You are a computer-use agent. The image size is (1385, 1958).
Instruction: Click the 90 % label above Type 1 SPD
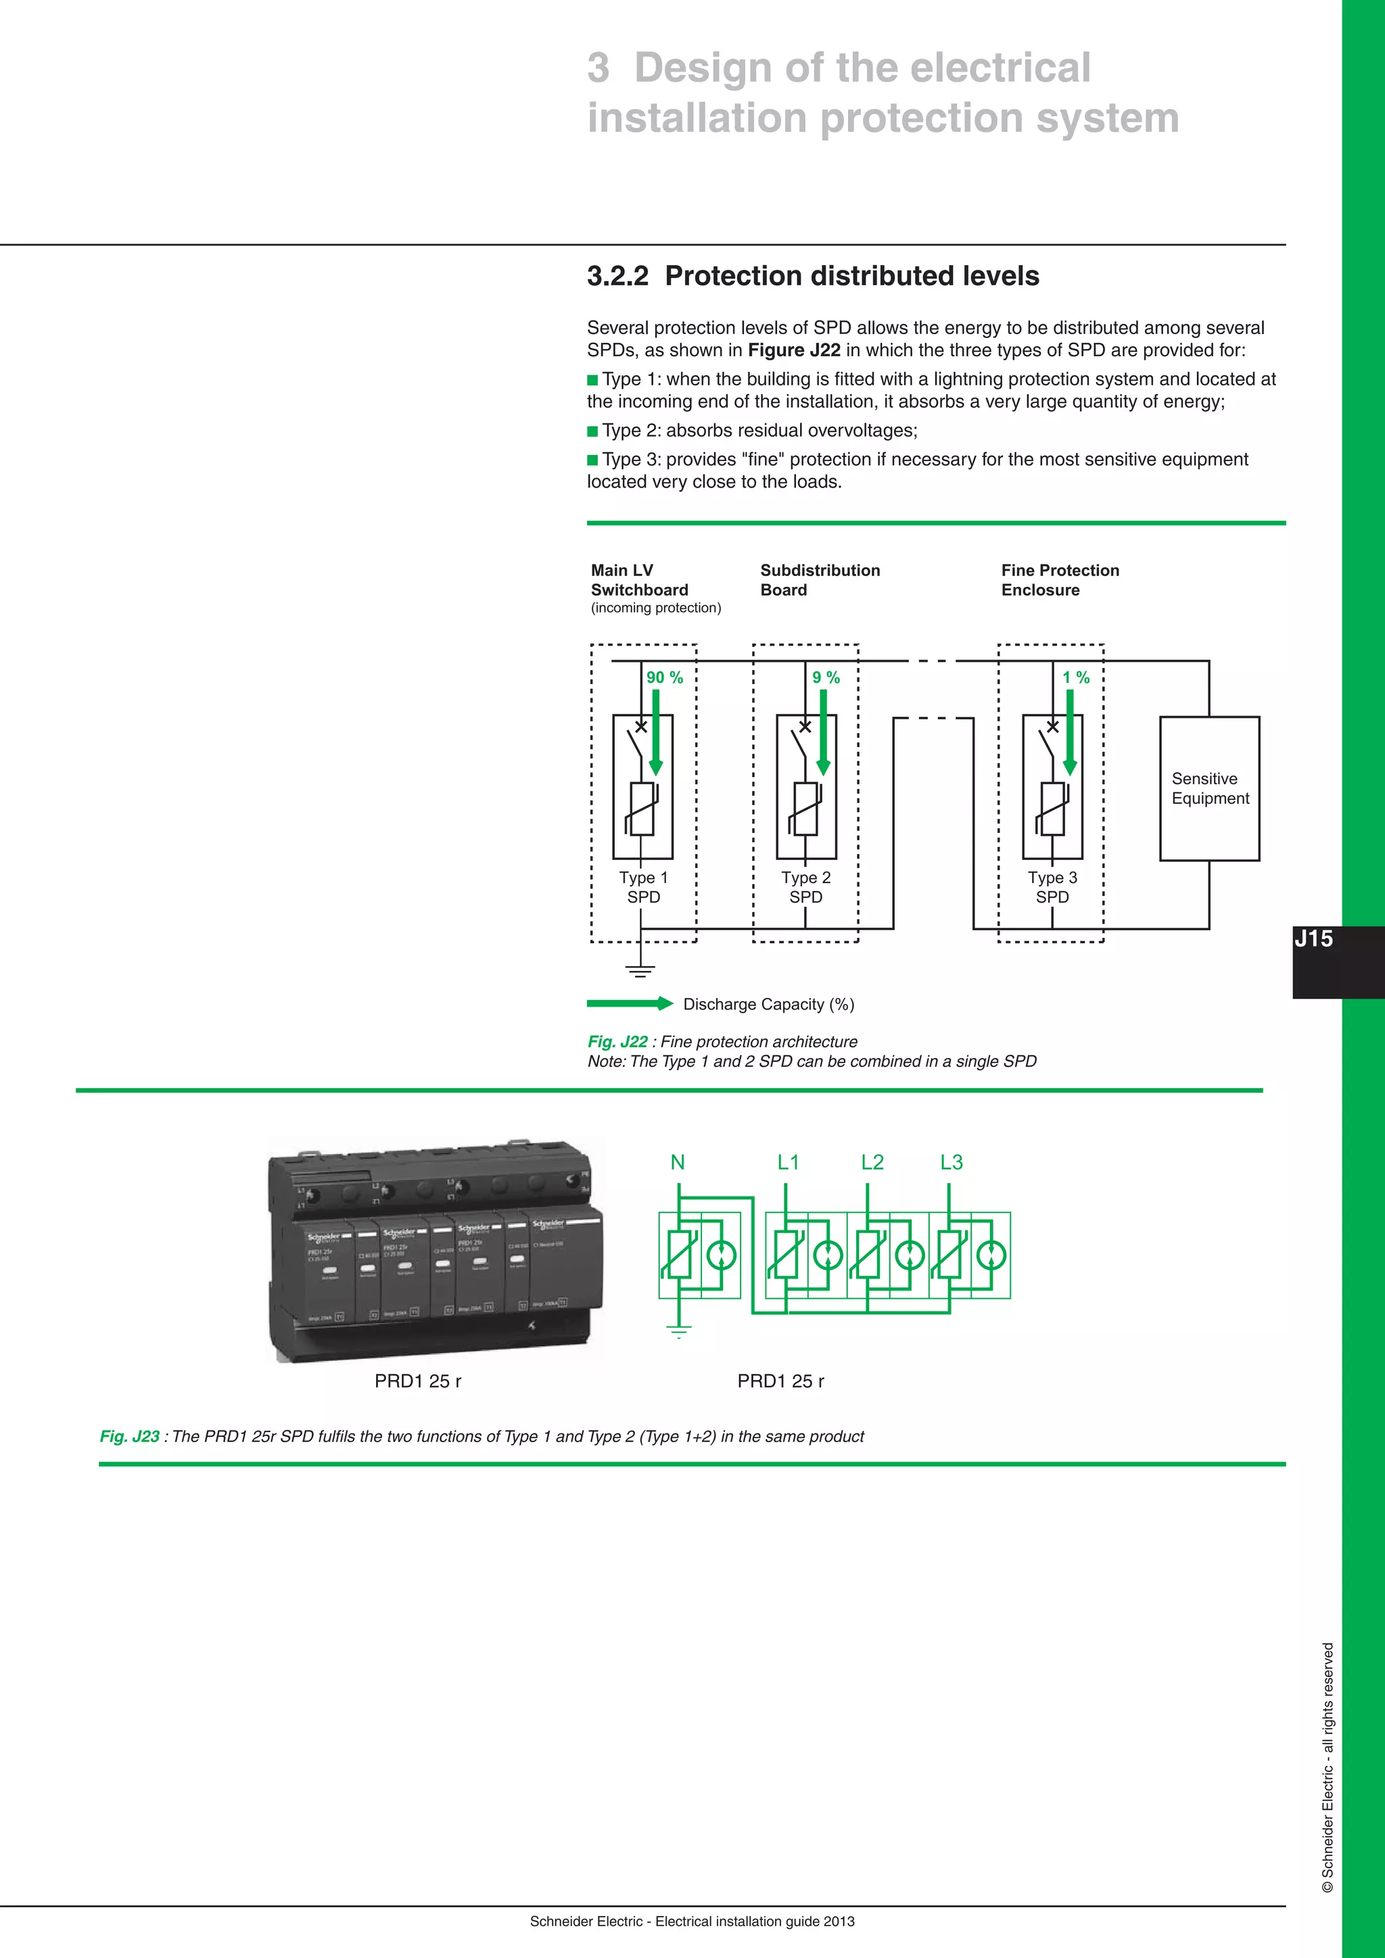(x=664, y=677)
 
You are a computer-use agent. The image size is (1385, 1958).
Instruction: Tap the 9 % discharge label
(x=826, y=677)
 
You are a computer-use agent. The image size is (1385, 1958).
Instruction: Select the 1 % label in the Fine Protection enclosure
(x=1075, y=677)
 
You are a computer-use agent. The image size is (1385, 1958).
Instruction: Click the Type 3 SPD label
(x=1052, y=887)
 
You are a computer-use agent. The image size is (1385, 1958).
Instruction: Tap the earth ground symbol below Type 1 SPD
(x=640, y=970)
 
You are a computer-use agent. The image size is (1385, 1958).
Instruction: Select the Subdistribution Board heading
(x=820, y=580)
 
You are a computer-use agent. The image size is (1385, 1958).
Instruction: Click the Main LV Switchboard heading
(x=639, y=580)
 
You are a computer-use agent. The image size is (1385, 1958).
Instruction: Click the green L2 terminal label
(x=872, y=1162)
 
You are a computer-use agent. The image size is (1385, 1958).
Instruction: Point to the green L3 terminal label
(x=951, y=1162)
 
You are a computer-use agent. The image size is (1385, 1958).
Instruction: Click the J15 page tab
(x=1313, y=939)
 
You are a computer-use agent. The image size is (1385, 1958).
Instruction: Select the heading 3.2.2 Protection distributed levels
(x=812, y=277)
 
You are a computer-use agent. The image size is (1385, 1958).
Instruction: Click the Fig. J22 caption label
(x=617, y=1041)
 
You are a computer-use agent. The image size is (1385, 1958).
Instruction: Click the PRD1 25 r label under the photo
(x=418, y=1381)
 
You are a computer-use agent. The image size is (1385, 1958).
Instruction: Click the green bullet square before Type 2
(x=592, y=431)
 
